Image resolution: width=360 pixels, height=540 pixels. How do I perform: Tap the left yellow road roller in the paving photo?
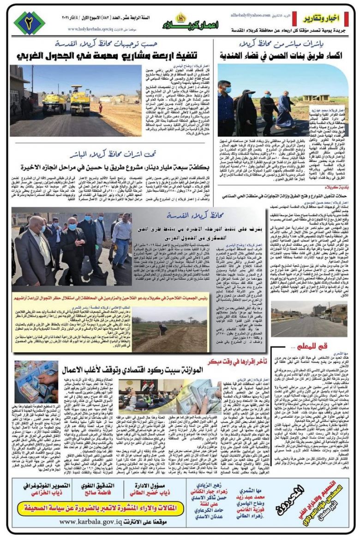coord(54,102)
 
